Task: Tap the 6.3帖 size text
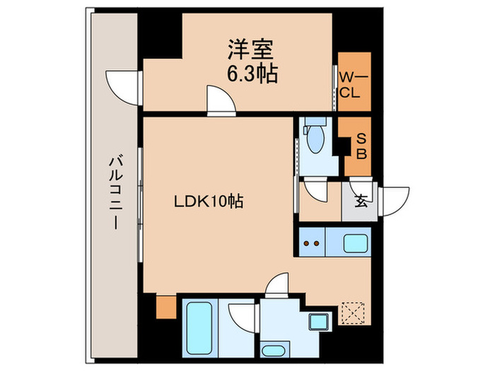pyautogui.click(x=251, y=73)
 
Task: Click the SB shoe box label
pyautogui.click(x=360, y=147)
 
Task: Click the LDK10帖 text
pyautogui.click(x=209, y=201)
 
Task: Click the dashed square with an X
pyautogui.click(x=351, y=313)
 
